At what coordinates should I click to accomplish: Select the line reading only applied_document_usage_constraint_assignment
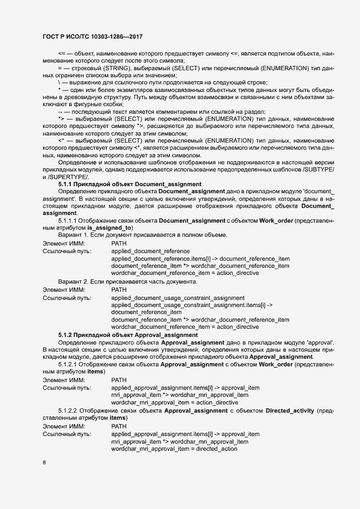coord(178,298)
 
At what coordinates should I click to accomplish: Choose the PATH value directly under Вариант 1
coord(119,242)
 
